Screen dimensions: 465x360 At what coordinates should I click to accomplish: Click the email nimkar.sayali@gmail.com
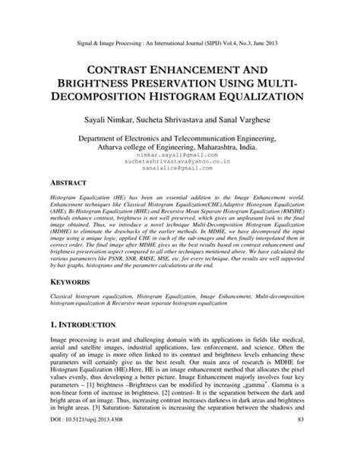coord(179,153)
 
